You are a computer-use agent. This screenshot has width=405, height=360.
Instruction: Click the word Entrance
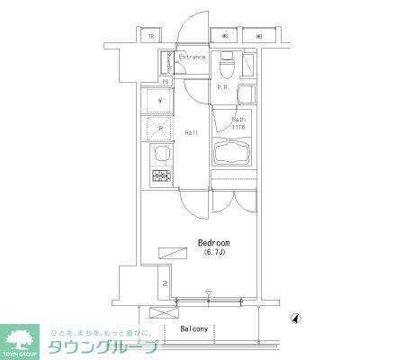(x=192, y=58)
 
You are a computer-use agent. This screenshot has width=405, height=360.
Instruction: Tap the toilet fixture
(x=228, y=67)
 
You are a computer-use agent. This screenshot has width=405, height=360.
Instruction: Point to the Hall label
(x=192, y=133)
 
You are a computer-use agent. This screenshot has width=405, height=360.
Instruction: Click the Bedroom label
(x=214, y=243)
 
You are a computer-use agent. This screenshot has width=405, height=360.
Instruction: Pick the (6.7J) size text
(x=214, y=254)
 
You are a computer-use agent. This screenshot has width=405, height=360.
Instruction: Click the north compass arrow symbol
(x=296, y=318)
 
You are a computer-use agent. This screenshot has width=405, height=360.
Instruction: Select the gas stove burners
(x=160, y=175)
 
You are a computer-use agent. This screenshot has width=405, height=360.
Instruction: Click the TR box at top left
(x=151, y=37)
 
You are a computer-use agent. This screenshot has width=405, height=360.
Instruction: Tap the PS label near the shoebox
(x=166, y=81)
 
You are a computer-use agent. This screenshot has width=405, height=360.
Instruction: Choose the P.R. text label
(x=221, y=88)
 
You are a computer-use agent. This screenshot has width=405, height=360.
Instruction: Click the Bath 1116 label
(x=238, y=124)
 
